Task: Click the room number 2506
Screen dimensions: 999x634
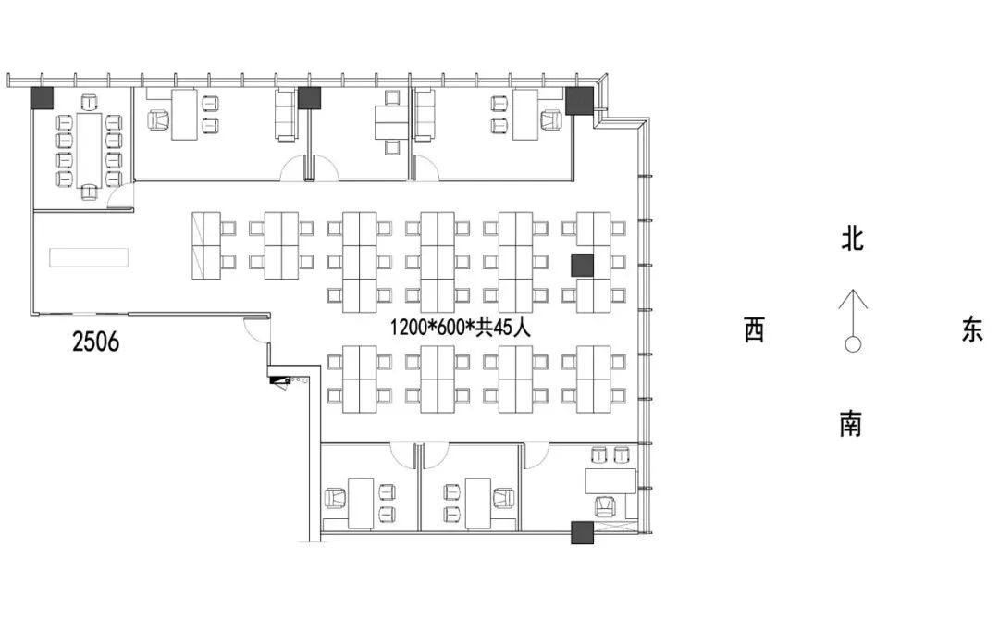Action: pos(96,342)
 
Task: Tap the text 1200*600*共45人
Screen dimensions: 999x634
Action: pos(460,327)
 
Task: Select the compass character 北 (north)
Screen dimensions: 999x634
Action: pos(852,241)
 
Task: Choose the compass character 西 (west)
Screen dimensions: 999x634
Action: pos(755,330)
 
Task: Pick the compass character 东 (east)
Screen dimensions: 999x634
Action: pos(971,330)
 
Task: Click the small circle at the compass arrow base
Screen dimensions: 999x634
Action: pos(852,344)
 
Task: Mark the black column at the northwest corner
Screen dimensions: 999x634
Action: pos(42,97)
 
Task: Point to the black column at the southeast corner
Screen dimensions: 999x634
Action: pos(582,532)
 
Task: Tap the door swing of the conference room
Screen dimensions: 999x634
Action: pos(117,196)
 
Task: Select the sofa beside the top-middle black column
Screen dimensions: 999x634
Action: pos(285,116)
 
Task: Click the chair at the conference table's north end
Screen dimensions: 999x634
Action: pos(90,99)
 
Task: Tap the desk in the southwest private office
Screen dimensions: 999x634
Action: pos(361,503)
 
